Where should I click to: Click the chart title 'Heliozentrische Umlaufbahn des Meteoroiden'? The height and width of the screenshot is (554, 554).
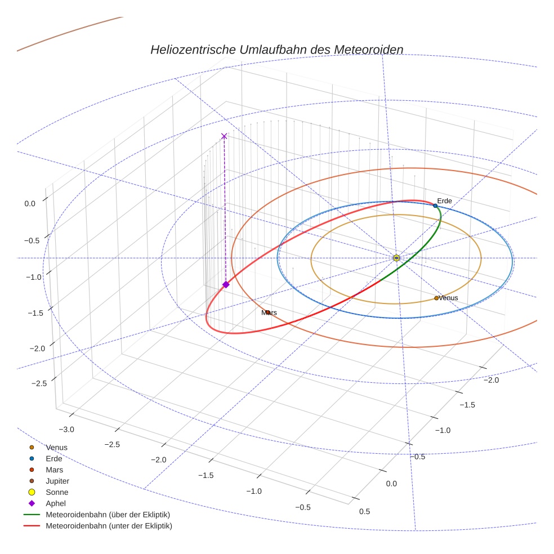[x=276, y=50]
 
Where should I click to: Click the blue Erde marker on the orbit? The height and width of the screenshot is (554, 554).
[x=435, y=206]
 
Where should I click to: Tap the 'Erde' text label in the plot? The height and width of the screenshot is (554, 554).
[x=444, y=201]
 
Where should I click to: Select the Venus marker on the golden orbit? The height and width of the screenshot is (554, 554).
[x=436, y=298]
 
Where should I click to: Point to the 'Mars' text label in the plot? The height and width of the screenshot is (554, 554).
[x=269, y=312]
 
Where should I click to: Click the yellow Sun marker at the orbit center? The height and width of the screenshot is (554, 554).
[x=396, y=258]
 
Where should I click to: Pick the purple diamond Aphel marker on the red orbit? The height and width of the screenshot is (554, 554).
[x=226, y=285]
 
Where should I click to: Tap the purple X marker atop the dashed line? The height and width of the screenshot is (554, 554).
[x=224, y=136]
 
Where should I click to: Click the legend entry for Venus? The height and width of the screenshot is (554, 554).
[x=56, y=448]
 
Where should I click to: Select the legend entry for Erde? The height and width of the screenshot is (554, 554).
[x=54, y=459]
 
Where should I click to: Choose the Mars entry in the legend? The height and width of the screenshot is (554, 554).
[x=54, y=470]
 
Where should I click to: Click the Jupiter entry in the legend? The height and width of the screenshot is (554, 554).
[x=57, y=481]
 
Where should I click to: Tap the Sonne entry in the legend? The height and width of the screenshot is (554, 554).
[x=57, y=493]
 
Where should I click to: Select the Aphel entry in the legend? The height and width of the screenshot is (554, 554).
[x=56, y=504]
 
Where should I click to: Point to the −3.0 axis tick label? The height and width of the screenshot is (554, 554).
[x=66, y=430]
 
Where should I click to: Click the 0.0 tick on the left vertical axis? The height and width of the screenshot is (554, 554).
[x=30, y=204]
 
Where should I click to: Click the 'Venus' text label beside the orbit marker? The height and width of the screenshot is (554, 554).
[x=448, y=298]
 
